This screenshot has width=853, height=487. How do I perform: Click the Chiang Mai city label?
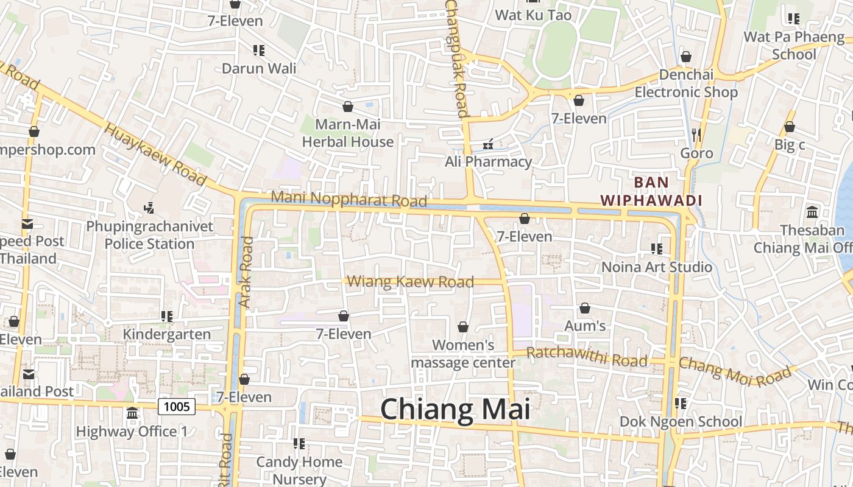tap(455, 409)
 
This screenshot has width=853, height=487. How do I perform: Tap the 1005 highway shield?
tap(177, 406)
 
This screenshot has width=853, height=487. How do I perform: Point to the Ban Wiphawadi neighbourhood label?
tap(651, 191)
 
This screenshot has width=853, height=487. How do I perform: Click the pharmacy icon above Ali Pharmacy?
tap(487, 144)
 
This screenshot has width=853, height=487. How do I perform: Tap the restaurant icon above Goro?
tap(696, 135)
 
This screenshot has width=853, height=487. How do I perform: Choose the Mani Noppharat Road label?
tap(349, 199)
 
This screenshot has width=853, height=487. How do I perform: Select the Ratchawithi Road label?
tap(587, 357)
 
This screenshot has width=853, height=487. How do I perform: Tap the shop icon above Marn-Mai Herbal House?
tap(348, 107)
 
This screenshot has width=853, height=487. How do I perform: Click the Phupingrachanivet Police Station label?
tap(150, 235)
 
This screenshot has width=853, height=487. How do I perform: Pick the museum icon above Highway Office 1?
tap(132, 414)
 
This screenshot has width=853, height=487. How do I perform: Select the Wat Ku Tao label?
tap(533, 15)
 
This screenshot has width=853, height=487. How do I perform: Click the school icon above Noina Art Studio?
tap(656, 249)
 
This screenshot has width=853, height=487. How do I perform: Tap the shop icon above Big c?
tap(789, 127)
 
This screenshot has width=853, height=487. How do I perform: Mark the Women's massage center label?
tap(463, 354)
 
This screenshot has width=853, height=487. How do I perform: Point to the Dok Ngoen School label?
tap(681, 421)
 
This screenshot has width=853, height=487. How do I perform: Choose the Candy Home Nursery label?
tap(299, 470)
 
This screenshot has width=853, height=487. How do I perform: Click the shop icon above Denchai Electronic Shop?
tap(686, 57)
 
